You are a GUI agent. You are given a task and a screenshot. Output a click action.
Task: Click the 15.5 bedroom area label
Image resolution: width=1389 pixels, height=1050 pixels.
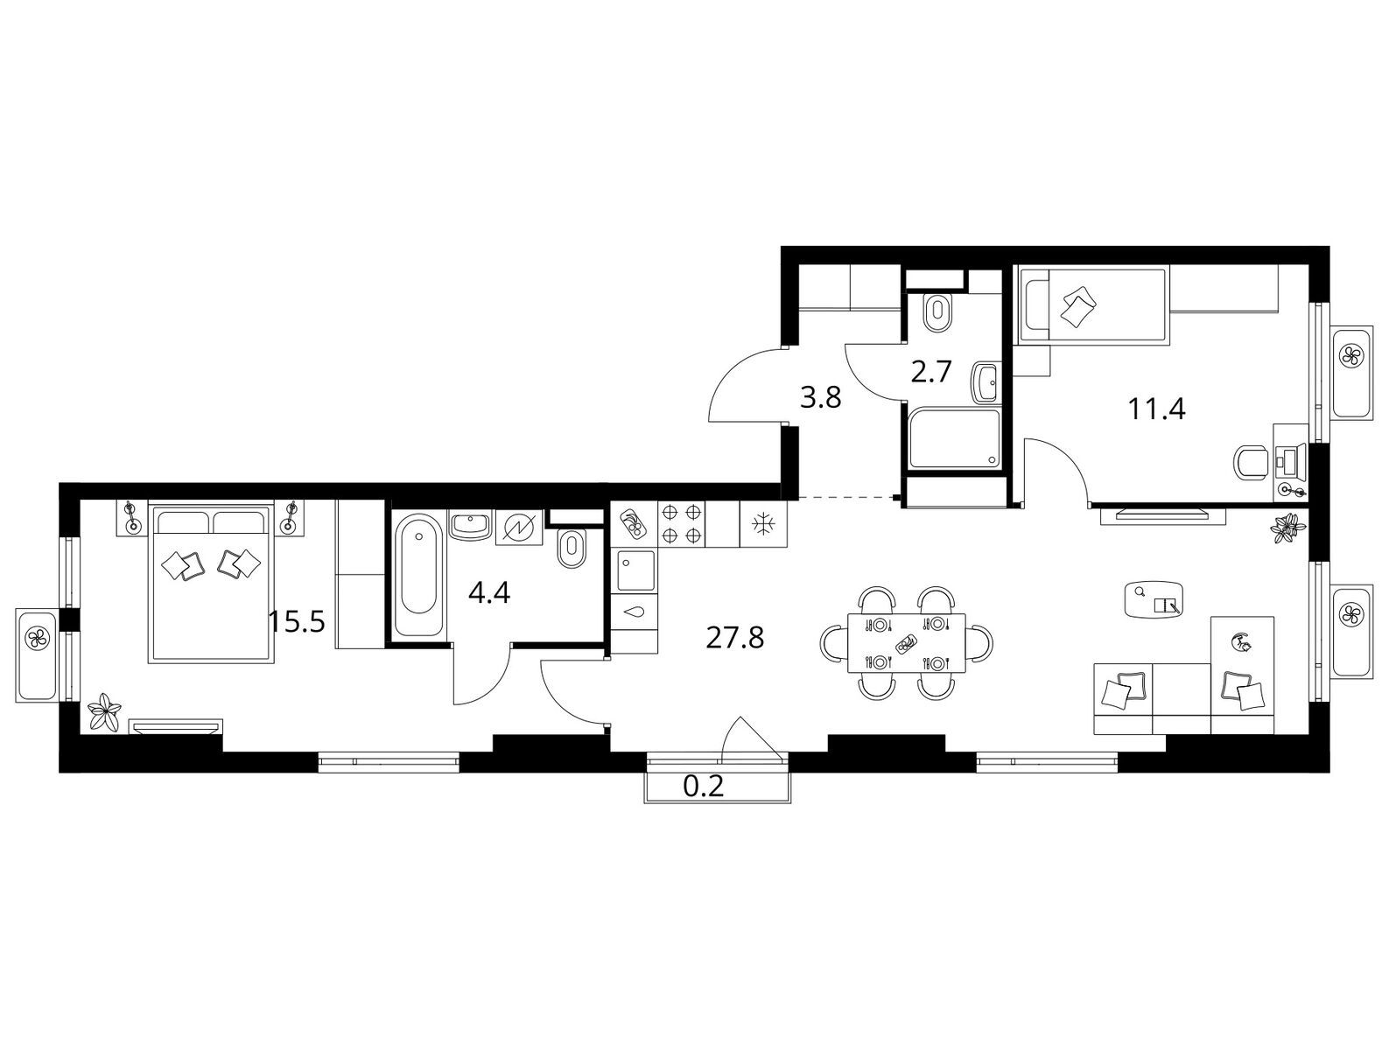pos(296,622)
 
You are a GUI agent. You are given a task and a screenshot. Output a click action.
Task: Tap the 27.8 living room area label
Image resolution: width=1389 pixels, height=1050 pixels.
pos(734,639)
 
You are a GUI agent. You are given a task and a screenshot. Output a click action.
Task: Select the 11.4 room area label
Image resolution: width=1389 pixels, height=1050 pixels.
pos(1157,409)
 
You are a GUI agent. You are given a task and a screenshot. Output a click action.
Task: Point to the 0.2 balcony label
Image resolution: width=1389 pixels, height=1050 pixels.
pos(704,787)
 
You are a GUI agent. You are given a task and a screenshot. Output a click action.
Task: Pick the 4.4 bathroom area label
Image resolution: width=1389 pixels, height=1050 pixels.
pos(489,593)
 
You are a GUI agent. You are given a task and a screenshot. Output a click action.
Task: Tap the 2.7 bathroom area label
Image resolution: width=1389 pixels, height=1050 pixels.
pos(931,372)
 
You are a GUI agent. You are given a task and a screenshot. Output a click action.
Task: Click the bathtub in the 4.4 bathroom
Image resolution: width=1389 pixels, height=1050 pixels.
pos(419,574)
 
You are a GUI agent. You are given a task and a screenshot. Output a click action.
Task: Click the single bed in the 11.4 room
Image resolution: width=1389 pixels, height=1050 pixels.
pos(1091,307)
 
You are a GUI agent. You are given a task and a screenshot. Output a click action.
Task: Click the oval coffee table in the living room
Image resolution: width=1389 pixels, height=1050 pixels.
pos(1154,598)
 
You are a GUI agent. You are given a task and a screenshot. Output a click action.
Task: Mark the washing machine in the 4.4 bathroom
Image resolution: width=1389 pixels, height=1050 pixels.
pos(519,526)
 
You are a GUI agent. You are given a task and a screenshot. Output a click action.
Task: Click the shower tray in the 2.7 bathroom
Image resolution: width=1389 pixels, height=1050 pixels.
pos(955,439)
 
